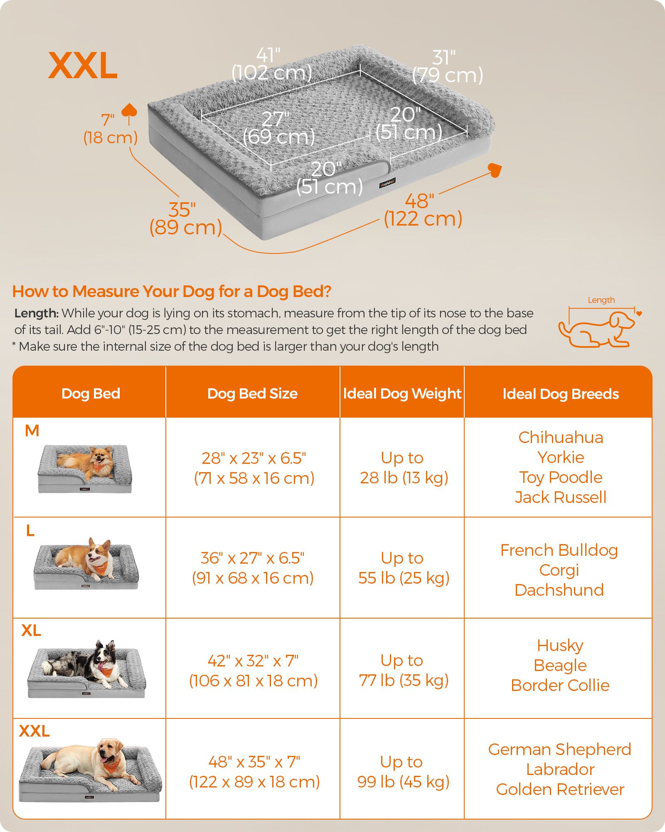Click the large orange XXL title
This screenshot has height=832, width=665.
point(83,65)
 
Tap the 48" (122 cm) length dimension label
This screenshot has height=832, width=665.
point(423,210)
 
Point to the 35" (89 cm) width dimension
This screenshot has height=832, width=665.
point(185,219)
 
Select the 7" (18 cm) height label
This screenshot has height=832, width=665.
point(110,129)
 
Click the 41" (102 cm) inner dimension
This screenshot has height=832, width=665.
point(271,64)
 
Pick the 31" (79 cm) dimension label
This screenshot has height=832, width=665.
point(448,67)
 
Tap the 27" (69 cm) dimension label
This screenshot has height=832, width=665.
point(278,128)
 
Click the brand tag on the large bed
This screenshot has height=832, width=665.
point(387,183)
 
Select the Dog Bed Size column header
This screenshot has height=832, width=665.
point(252,394)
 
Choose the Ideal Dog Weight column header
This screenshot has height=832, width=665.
point(402,394)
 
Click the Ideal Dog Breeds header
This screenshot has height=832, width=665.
point(561,394)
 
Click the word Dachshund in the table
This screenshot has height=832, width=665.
point(559,590)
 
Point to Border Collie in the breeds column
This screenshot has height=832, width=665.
point(560,685)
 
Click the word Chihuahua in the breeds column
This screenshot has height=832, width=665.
point(561,437)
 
